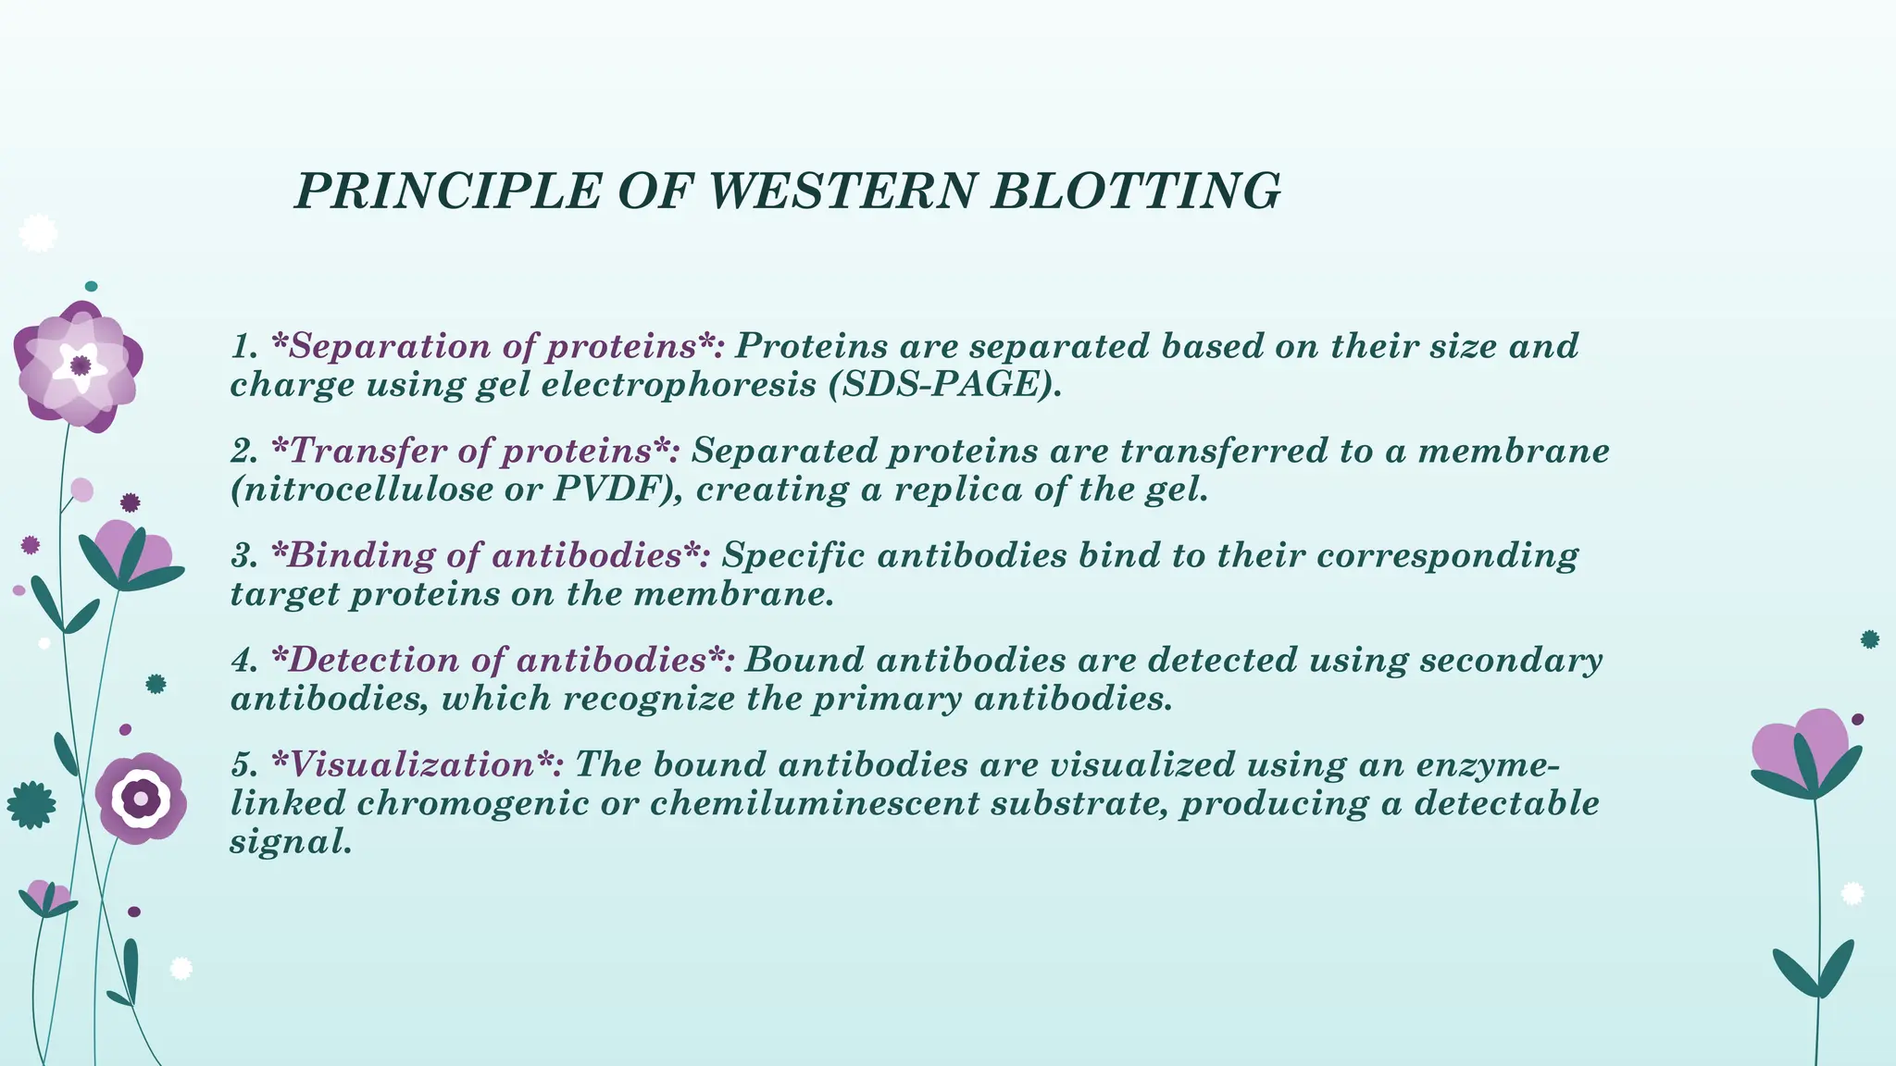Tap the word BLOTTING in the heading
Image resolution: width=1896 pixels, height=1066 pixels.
tap(1135, 192)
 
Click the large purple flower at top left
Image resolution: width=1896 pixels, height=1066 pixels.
tap(80, 366)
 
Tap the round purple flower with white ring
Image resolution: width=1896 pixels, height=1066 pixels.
tap(141, 798)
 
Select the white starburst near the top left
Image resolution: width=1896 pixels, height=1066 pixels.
tap(38, 233)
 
